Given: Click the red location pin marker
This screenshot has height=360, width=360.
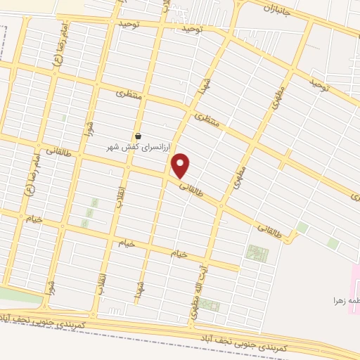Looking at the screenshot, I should [181, 165].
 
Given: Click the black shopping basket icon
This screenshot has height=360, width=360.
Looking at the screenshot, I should [138, 136].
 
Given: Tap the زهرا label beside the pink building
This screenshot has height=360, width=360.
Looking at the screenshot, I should [346, 301].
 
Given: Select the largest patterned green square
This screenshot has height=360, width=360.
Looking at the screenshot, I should [257, 253].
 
